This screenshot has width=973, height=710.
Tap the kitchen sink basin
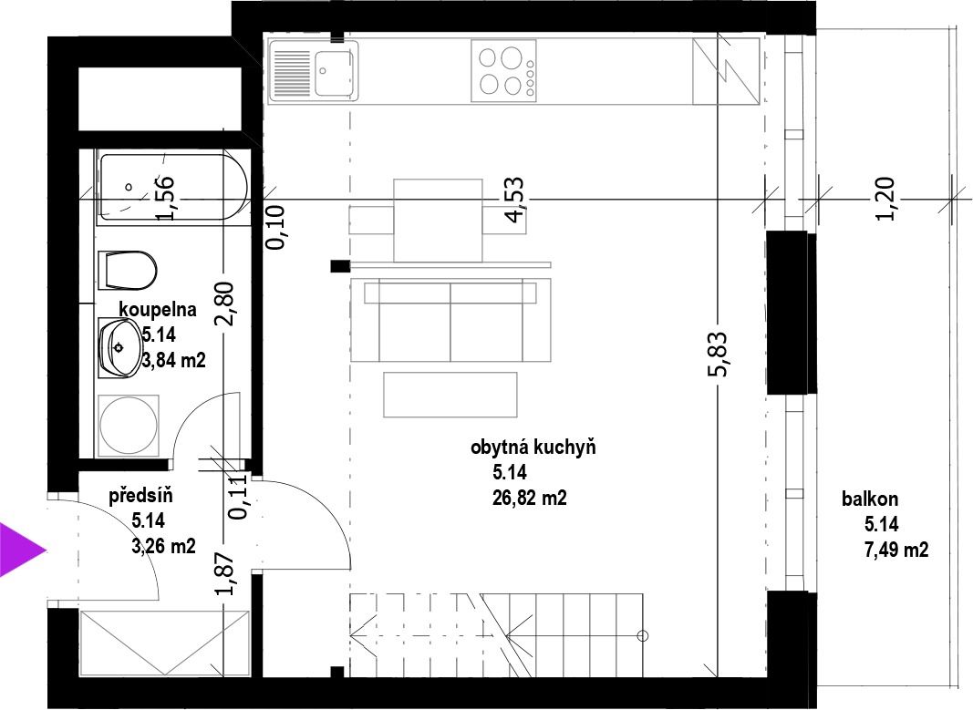pyautogui.click(x=334, y=72)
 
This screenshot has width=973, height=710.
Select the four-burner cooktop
pyautogui.click(x=503, y=71)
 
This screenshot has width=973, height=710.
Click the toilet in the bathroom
pyautogui.click(x=127, y=271)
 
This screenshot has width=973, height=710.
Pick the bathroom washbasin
pyautogui.click(x=120, y=348)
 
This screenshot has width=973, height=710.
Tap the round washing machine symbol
pyautogui.click(x=129, y=425)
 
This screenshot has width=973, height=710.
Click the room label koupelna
pyautogui.click(x=158, y=309)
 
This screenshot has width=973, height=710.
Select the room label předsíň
pyautogui.click(x=140, y=496)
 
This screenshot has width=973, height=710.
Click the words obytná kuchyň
pyautogui.click(x=533, y=448)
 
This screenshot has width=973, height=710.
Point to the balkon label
pyautogui.click(x=870, y=499)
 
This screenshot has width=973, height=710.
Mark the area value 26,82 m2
pyautogui.click(x=529, y=498)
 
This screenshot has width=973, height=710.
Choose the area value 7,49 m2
pyautogui.click(x=896, y=550)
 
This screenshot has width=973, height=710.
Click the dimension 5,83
pyautogui.click(x=717, y=354)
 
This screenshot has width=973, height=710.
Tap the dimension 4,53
pyautogui.click(x=514, y=200)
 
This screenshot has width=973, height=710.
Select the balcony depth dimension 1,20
pyautogui.click(x=885, y=199)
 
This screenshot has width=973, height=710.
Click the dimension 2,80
pyautogui.click(x=224, y=304)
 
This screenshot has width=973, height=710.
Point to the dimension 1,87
pyautogui.click(x=224, y=573)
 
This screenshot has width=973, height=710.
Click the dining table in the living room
pyautogui.click(x=438, y=221)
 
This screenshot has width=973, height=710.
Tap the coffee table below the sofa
pyautogui.click(x=450, y=395)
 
